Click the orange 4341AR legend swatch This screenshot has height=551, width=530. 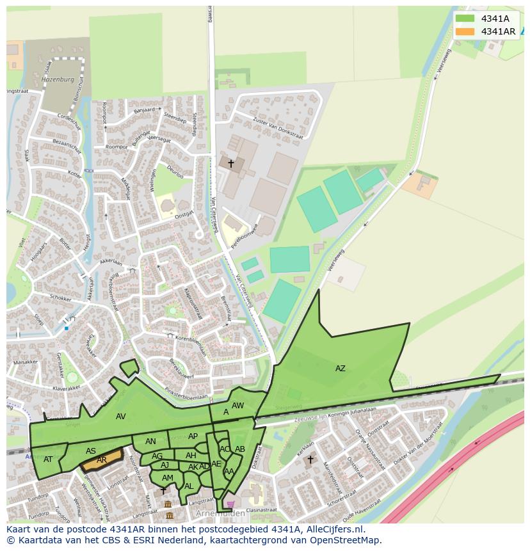tap(465, 31)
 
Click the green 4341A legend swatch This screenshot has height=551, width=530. tap(465, 19)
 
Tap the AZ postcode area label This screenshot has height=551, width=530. tap(340, 368)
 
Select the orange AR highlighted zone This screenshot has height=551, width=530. tap(102, 459)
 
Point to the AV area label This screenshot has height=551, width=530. tap(121, 417)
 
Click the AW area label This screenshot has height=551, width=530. tap(237, 405)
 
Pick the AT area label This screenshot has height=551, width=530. tap(48, 459)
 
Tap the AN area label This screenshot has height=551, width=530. tap(150, 442)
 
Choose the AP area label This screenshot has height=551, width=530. tap(193, 436)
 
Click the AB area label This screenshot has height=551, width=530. tap(240, 449)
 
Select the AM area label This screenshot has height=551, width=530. tap(168, 478)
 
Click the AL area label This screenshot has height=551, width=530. tap(188, 486)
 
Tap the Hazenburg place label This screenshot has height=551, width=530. tap(58, 80)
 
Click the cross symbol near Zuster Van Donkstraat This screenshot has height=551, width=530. tap(230, 164)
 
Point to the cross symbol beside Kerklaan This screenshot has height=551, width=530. tap(310, 459)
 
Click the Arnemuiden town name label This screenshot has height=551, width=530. tap(222, 514)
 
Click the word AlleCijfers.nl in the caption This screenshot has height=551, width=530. tap(335, 529)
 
